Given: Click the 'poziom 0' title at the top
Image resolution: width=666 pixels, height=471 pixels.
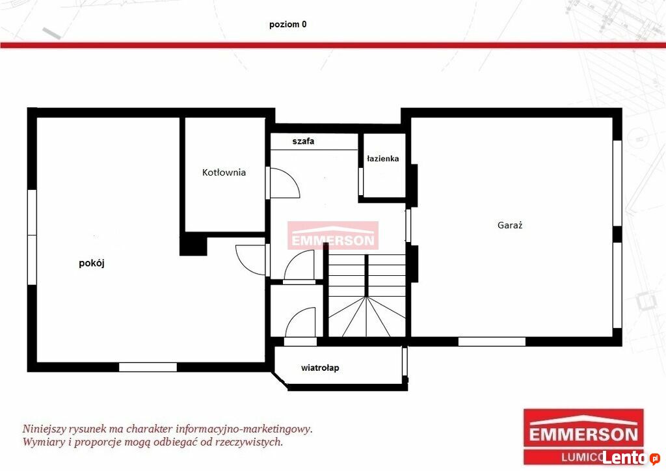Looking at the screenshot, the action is click(287, 24).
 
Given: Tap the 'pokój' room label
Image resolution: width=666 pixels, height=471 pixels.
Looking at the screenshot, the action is click(92, 263).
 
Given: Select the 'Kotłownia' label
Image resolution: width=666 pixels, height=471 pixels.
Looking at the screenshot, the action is click(224, 172).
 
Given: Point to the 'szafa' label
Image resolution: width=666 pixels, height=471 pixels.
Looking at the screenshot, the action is click(303, 141).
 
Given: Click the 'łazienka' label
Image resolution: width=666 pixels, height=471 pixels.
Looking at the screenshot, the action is click(382, 159).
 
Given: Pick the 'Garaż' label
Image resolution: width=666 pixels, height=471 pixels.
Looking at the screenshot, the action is click(510, 225).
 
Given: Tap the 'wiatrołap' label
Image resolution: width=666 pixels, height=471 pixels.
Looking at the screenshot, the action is click(320, 368).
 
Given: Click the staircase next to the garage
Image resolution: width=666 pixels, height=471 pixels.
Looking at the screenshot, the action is click(367, 295).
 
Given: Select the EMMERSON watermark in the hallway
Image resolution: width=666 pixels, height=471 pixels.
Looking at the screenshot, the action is click(333, 235).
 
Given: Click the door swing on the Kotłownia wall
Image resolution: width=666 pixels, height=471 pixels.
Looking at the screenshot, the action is click(285, 183).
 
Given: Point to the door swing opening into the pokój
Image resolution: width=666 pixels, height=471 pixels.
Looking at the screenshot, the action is click(250, 260).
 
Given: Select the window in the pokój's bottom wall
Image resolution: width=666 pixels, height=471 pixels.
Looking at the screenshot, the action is click(148, 367).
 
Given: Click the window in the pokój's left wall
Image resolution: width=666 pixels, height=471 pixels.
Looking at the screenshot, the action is click(32, 237).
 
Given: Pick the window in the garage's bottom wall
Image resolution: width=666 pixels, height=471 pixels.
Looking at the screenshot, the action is click(492, 342).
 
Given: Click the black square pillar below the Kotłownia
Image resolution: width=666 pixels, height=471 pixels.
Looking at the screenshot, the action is click(193, 245).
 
